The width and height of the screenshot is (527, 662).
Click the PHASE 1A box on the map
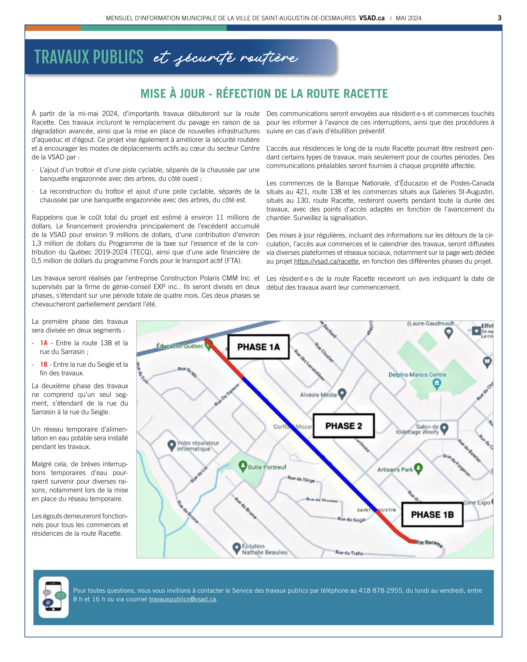(x=258, y=347)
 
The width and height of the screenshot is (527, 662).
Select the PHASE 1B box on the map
(x=432, y=515)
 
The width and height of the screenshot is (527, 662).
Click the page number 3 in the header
(x=499, y=18)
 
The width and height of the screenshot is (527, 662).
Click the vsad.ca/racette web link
(x=326, y=261)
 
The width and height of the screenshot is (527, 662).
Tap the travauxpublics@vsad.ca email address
(x=183, y=599)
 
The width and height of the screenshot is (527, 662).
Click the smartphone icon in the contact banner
(x=53, y=597)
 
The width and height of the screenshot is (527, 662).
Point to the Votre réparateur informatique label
(x=198, y=446)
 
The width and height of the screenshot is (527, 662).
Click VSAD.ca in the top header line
(x=372, y=18)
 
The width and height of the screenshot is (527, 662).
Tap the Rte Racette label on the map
(x=429, y=543)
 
